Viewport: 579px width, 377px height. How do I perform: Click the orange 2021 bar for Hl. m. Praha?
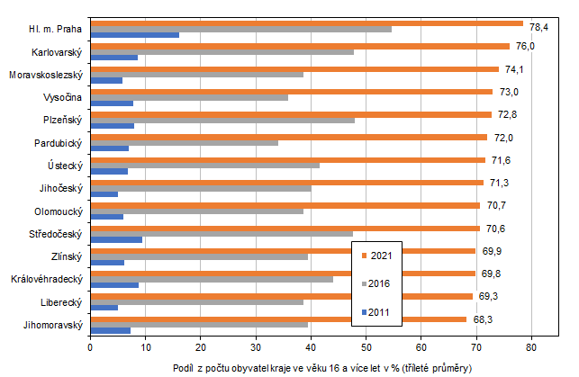(306, 22)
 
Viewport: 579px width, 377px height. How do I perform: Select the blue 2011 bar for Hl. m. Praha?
(135, 35)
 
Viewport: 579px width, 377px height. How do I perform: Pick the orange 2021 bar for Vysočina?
(292, 91)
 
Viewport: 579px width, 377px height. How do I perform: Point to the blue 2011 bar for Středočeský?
(116, 239)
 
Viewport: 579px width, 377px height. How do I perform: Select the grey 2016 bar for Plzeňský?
(222, 120)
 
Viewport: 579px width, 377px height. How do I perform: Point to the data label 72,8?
(508, 115)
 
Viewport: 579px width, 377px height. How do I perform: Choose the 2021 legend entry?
(379, 255)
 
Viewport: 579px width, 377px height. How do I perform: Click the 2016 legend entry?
(379, 283)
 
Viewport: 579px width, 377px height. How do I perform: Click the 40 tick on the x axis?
(312, 345)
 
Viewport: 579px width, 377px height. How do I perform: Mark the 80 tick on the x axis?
(532, 345)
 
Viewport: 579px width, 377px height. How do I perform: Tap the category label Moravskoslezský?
(45, 74)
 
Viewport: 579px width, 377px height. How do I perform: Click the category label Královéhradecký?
(47, 279)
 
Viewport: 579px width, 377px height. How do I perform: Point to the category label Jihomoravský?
(51, 324)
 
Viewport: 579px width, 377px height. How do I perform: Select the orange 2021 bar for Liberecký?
(281, 295)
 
